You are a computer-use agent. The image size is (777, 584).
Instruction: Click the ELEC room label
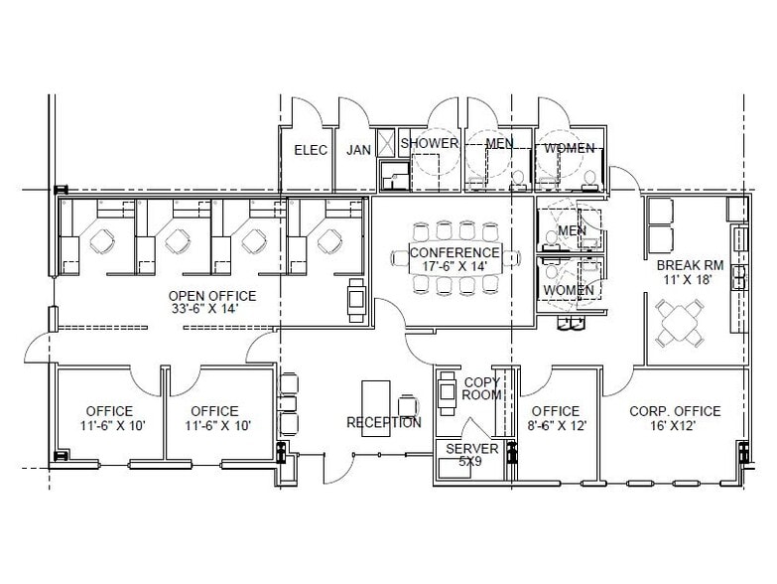click(x=311, y=150)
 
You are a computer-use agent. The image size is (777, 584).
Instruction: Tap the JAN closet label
click(x=358, y=150)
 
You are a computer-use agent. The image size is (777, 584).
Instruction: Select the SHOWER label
click(x=429, y=143)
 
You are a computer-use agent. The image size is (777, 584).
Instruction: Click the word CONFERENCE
click(x=453, y=253)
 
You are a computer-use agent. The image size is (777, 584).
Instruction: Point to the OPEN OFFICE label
click(x=211, y=296)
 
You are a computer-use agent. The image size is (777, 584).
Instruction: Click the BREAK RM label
click(x=690, y=267)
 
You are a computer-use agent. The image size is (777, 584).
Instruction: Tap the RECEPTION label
click(x=383, y=423)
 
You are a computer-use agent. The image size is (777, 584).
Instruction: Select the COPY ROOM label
click(x=481, y=388)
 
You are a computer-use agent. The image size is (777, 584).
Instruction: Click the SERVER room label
click(x=472, y=448)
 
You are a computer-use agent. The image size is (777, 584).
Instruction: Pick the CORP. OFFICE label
click(x=675, y=411)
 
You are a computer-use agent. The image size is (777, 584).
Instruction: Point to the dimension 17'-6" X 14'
click(x=453, y=267)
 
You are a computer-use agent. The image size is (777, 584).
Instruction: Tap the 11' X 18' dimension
click(x=690, y=281)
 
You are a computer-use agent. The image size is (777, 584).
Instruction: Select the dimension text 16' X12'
click(x=675, y=426)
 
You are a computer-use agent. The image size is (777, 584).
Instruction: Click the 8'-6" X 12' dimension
click(x=555, y=426)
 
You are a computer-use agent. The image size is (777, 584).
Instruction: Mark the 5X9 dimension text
click(x=472, y=461)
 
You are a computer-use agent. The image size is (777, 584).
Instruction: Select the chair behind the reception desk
click(x=408, y=405)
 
